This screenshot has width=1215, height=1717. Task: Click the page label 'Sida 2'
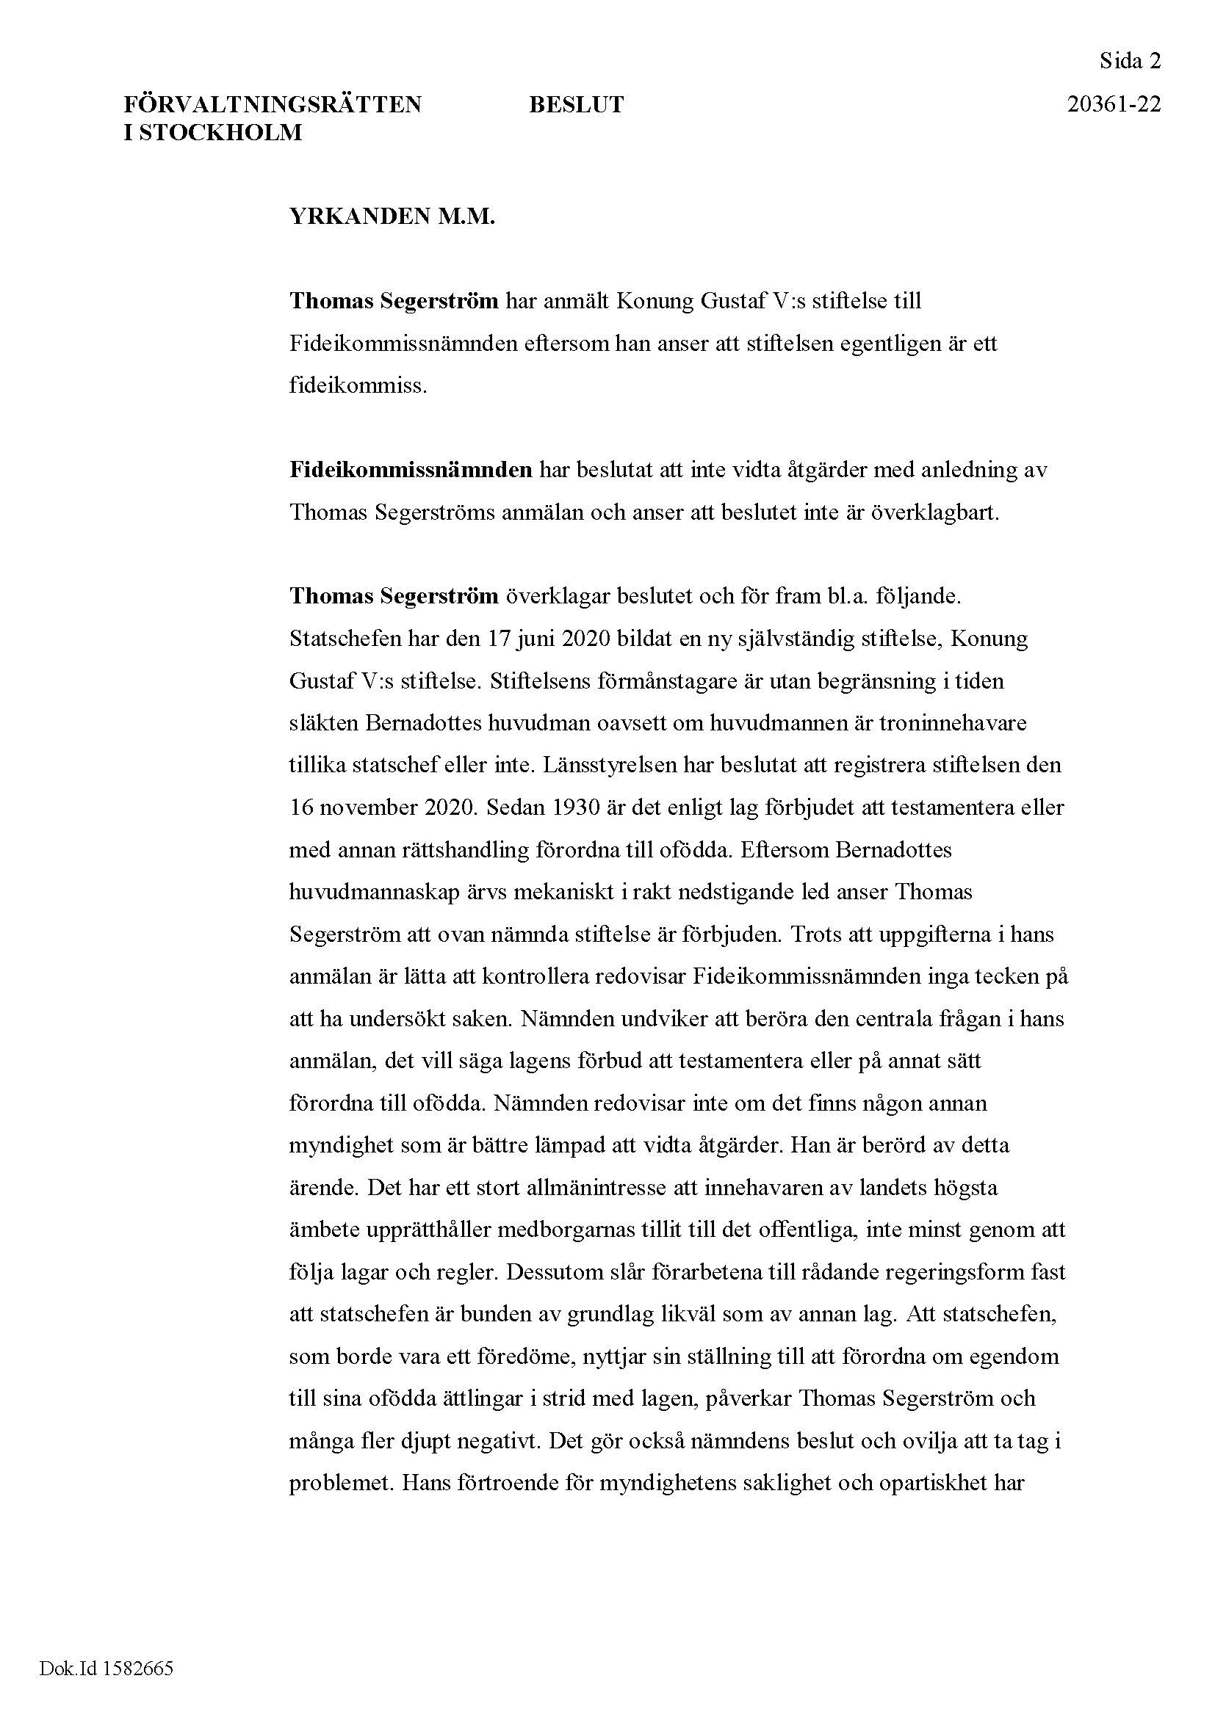tap(1130, 61)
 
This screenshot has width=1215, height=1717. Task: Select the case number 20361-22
tap(1114, 104)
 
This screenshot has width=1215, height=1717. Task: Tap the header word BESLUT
tap(576, 105)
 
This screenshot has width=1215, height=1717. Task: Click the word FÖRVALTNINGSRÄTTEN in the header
tap(273, 104)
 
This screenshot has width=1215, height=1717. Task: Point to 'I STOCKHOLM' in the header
tap(212, 132)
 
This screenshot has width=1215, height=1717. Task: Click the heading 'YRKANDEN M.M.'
tap(392, 217)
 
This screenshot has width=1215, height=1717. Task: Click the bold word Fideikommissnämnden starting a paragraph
tap(411, 471)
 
